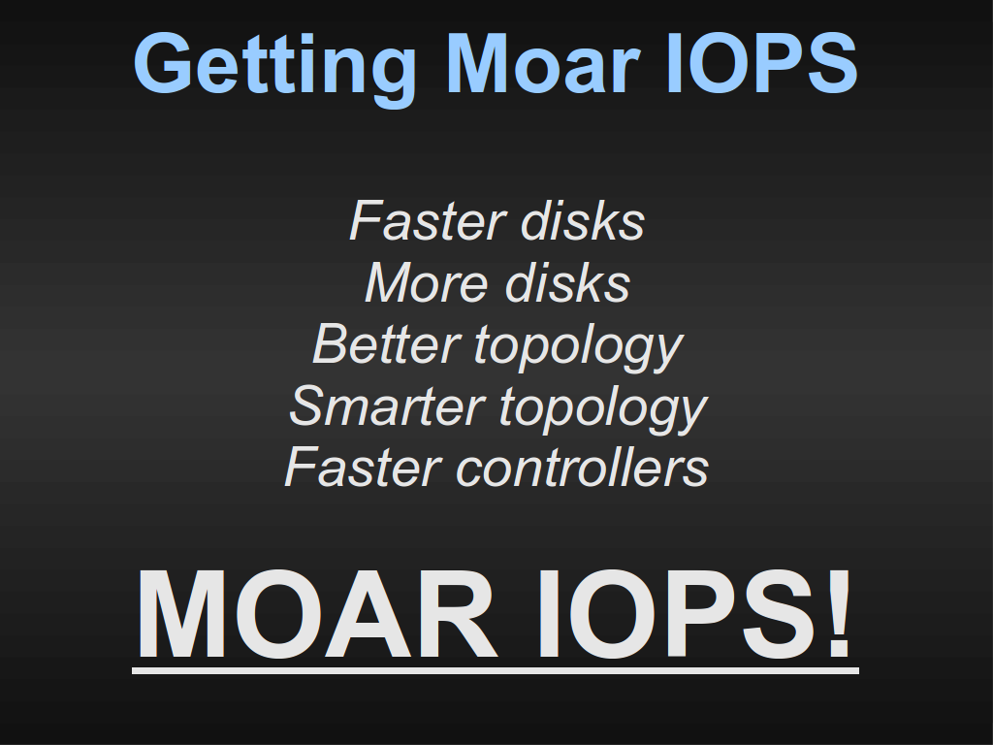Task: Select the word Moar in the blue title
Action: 542,63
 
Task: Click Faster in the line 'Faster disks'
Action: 427,220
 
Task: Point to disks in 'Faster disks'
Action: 583,220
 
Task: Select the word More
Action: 427,282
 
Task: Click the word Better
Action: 386,344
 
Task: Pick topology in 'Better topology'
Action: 578,348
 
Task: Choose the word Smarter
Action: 388,405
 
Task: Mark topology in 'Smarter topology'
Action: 603,409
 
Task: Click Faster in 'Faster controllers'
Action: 363,467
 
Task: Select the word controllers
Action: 583,467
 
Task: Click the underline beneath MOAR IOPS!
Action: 496,670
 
